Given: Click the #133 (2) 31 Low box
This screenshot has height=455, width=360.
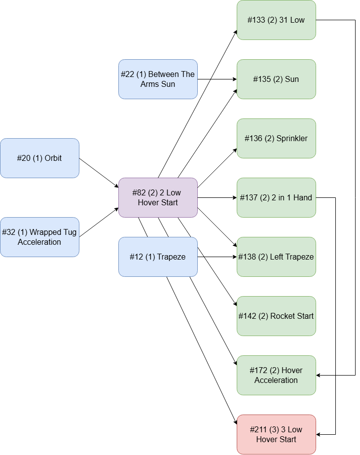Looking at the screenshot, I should coord(276,20).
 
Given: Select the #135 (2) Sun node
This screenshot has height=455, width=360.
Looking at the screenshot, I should coord(276,79).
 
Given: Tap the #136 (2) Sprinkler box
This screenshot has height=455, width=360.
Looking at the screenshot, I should coord(276,139).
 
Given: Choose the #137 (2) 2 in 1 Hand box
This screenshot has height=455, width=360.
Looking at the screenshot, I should coord(276,198).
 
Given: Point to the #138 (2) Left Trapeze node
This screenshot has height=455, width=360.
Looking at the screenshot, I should coord(276,257).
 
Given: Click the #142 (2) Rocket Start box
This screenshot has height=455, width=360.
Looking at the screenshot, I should coord(276,316).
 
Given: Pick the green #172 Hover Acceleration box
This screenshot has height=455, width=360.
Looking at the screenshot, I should coord(276,376).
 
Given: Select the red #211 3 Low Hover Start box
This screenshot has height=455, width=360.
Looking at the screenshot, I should coord(276,435).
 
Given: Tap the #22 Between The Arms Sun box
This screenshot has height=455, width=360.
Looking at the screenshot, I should coord(158,79).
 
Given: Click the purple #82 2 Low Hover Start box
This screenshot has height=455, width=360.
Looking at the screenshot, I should coord(158,198).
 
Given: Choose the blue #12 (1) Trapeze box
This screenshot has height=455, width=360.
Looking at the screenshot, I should coord(158,257).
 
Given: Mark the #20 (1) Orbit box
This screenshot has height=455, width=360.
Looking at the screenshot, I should coord(39,158).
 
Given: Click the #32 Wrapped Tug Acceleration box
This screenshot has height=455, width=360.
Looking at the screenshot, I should coord(39,237).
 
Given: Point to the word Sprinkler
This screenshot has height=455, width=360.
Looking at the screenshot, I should coord(292,139).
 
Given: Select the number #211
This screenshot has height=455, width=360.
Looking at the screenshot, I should coord(258,430).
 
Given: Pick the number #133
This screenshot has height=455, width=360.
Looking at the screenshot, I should coord(256,20).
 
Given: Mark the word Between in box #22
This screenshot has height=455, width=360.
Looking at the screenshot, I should coord(164,75).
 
